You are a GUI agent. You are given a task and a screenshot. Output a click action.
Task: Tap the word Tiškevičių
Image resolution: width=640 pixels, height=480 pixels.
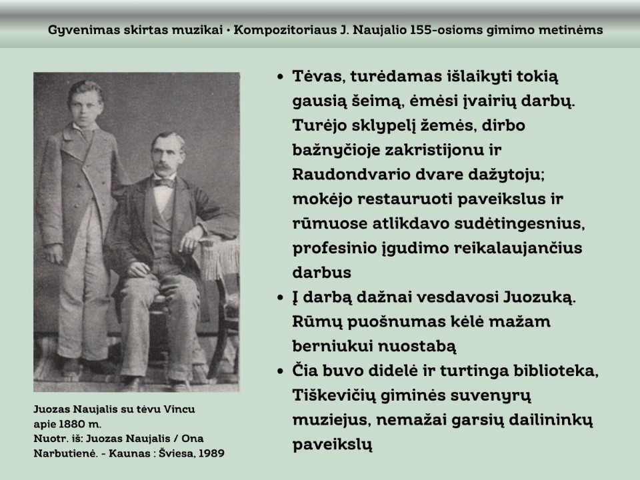339,395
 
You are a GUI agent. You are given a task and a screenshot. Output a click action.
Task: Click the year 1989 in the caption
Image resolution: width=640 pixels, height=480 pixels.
211,453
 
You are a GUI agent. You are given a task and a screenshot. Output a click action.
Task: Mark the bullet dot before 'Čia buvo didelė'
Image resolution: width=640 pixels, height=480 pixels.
281,370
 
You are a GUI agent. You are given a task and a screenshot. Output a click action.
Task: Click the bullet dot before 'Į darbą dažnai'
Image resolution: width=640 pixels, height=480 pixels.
281,297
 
